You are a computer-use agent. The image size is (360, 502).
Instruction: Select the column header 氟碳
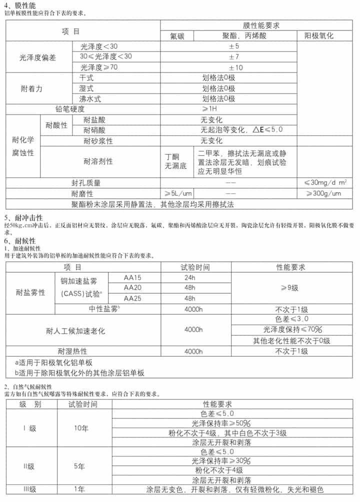177,36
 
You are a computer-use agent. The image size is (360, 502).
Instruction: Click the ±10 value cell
235,67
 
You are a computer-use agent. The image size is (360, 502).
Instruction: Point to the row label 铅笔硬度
70,109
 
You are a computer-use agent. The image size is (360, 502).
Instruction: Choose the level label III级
29,489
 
